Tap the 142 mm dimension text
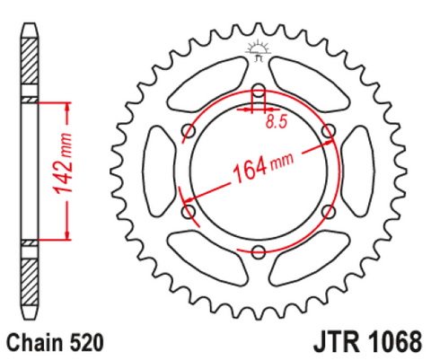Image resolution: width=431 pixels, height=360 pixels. tap(62, 163)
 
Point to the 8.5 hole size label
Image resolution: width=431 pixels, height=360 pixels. tap(277, 122)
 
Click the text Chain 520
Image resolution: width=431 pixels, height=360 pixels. tap(56, 342)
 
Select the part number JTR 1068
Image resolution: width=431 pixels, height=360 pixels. tap(368, 342)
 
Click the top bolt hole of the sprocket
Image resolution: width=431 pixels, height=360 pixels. tap(259, 90)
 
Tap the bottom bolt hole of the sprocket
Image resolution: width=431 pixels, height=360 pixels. tap(259, 251)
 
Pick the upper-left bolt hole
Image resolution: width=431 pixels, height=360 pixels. tap(189, 130)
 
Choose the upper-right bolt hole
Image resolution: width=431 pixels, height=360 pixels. tap(329, 130)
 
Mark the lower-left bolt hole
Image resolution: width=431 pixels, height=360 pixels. tap(189, 211)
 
